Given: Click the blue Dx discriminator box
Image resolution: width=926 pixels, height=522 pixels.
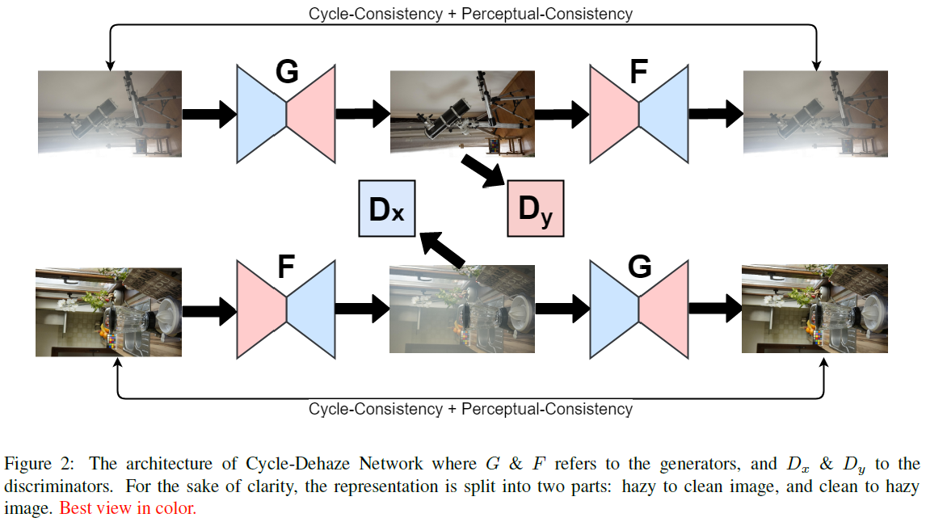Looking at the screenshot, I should (386, 208).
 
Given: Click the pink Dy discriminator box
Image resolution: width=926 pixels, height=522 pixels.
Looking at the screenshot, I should (535, 209).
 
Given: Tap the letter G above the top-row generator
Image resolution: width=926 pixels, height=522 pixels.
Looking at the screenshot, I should (286, 73).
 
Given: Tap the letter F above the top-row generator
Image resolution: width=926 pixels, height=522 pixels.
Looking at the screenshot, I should (638, 73).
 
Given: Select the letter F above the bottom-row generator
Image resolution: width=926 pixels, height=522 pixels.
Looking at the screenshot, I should (286, 267).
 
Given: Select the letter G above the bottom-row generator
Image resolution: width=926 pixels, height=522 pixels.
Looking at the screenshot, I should (639, 267).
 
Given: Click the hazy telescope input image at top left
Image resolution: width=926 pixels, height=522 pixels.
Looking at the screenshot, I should (109, 112).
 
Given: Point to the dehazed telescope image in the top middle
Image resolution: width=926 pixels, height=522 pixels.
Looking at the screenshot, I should (462, 112).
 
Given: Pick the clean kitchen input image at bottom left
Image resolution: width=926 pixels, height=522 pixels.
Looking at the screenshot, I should (109, 311).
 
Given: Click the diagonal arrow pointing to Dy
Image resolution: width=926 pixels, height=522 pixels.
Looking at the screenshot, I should (483, 172).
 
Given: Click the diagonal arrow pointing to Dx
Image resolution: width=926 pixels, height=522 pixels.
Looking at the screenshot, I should (441, 249).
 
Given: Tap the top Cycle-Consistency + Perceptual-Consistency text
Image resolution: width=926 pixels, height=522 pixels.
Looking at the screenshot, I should (470, 13).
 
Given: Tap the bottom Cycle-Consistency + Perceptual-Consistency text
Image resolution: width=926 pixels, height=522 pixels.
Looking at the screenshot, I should (470, 409).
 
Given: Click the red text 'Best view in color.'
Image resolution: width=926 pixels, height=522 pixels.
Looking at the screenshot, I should (128, 509).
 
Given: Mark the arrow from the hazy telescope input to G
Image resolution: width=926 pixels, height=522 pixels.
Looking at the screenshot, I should (208, 114).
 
